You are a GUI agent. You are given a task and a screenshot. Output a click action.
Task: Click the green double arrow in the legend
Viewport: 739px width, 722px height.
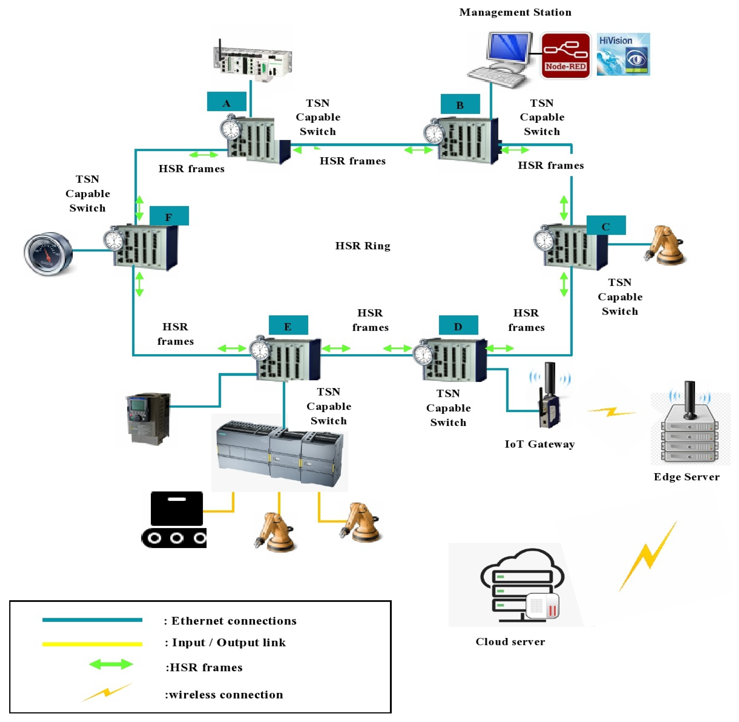point(111,664)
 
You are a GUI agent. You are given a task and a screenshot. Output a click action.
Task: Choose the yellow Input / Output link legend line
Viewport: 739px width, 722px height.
point(92,644)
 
